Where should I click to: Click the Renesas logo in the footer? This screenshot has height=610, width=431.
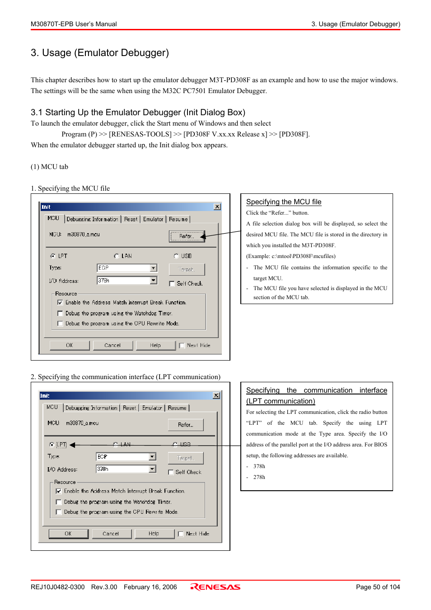pos(215,587)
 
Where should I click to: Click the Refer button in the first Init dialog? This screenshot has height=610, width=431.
pos(187,236)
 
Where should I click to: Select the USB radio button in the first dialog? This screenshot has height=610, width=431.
pos(176,256)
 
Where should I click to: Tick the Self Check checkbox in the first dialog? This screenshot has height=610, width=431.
pos(172,284)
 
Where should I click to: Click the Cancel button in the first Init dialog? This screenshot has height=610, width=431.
pos(112,345)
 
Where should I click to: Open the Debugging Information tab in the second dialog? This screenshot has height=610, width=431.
pos(91,408)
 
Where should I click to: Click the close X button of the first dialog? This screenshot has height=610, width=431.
pos(217,206)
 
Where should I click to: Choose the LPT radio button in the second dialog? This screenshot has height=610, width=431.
pos(52,445)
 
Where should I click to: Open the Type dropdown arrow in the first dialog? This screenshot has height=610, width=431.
pos(154,268)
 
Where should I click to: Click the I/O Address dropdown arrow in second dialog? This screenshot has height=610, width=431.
pos(153,469)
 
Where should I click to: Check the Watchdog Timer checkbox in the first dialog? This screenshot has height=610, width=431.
pos(60,313)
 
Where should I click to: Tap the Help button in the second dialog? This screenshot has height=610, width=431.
pos(154,534)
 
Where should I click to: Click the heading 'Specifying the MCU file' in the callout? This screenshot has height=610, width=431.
pos(284,202)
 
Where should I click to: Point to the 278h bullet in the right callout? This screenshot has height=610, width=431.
pos(259,477)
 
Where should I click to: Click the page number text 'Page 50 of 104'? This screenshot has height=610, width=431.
pos(378,587)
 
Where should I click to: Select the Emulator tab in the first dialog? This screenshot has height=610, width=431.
pos(153,219)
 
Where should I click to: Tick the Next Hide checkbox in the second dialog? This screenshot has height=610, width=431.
pos(181,534)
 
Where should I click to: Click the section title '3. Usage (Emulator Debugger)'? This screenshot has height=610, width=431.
pos(100,53)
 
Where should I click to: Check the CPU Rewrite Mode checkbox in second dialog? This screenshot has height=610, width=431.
pos(59,512)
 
